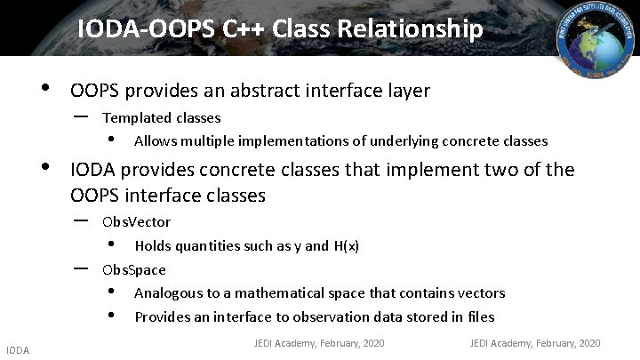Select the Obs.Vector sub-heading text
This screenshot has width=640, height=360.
point(137,221)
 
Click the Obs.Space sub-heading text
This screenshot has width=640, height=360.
point(134,269)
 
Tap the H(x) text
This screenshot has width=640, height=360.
point(346,245)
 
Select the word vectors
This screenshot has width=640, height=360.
point(482,293)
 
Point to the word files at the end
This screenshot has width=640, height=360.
point(481,317)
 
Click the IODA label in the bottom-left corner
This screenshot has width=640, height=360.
point(17,351)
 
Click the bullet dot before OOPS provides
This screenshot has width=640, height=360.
point(44,89)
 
